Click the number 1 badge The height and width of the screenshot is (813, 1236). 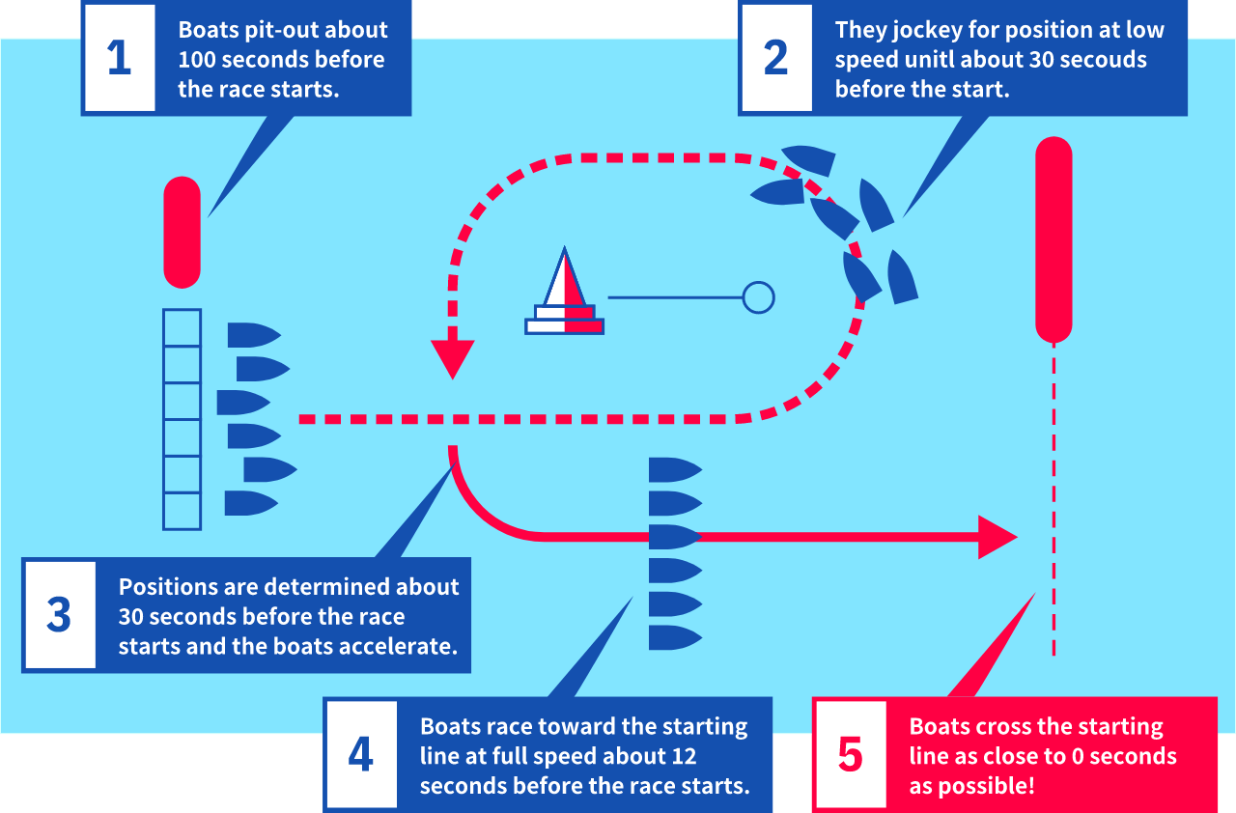coord(119,58)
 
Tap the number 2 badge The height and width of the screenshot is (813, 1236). coord(775,58)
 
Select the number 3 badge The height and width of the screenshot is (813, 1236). coord(59,615)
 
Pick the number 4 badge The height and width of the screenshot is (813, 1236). coord(360,754)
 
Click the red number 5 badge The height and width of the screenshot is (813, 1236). coord(850,754)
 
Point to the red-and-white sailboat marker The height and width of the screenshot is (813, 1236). coord(565,294)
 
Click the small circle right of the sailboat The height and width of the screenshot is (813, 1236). coord(759,297)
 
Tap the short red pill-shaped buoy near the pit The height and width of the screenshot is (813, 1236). coord(182,232)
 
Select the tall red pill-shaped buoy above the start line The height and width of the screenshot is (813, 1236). coord(1053,239)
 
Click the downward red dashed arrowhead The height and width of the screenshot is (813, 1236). coord(452,358)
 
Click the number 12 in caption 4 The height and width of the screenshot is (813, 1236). coord(683,755)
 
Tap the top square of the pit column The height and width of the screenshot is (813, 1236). coord(182,327)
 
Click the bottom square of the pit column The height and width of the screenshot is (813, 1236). coord(182,511)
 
